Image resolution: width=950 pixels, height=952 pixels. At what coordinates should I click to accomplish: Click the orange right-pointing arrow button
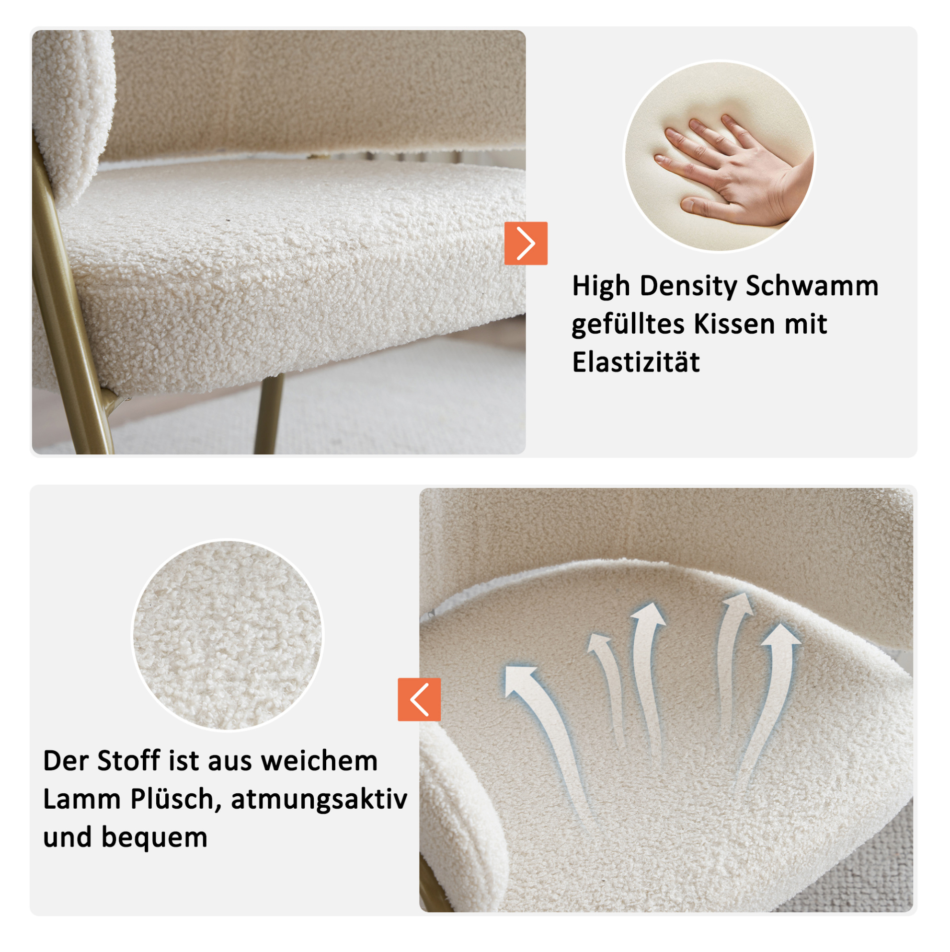pyautogui.click(x=526, y=243)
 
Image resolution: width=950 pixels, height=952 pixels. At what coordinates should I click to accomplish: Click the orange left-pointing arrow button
pyautogui.click(x=419, y=699)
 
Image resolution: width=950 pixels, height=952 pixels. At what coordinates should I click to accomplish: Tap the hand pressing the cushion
pyautogui.click(x=734, y=170)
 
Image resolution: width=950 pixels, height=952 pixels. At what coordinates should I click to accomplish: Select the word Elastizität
pyautogui.click(x=635, y=362)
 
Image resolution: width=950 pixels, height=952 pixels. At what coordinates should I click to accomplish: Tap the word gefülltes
pyautogui.click(x=629, y=325)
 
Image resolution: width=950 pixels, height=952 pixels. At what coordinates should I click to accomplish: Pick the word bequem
pyautogui.click(x=155, y=839)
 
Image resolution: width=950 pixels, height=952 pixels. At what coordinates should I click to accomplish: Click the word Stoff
pyautogui.click(x=128, y=761)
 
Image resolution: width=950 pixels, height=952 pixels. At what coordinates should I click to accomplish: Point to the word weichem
pyautogui.click(x=319, y=761)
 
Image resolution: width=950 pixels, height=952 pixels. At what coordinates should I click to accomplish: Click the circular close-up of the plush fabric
pyautogui.click(x=228, y=635)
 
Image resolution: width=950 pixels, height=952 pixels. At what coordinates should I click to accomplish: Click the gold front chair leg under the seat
pyautogui.click(x=269, y=414)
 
